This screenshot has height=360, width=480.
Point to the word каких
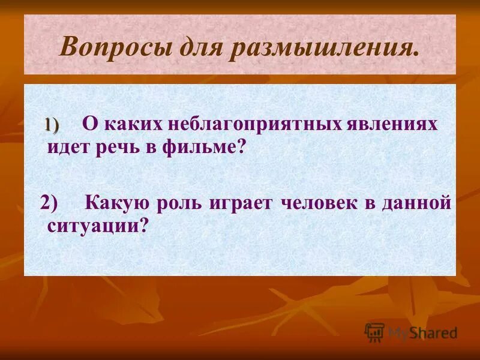[x=130, y=124]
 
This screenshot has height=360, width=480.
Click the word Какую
[x=117, y=203]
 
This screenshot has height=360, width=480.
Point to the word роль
[x=179, y=203]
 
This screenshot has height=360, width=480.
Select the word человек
[x=317, y=203]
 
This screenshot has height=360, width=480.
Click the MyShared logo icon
[x=374, y=332]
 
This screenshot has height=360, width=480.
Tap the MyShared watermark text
[x=422, y=332]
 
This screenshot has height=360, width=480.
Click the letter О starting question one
[x=89, y=124]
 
